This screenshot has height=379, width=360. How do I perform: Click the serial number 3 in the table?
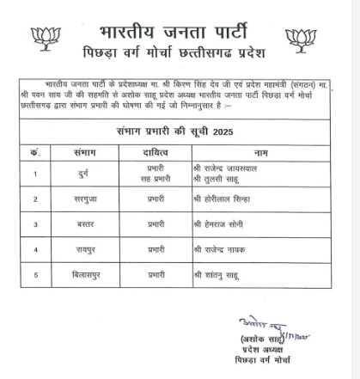[x=36, y=224]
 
